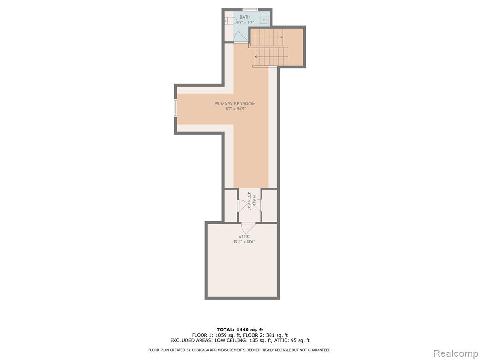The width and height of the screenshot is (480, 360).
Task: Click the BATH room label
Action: click(245, 17)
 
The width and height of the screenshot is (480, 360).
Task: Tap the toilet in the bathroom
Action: click(231, 21)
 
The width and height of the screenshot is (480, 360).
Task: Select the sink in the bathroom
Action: click(264, 20)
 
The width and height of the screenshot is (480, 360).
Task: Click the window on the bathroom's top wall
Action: click(250, 10)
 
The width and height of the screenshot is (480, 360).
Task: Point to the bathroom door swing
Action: click(240, 37)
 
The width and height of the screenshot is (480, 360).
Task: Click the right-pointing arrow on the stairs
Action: click(266, 37)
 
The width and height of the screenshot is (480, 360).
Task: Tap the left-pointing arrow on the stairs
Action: click(271, 57)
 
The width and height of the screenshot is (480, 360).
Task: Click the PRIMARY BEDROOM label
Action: click(235, 104)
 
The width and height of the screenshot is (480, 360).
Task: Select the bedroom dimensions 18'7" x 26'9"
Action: click(235, 109)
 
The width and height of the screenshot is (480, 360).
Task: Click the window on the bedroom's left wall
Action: click(176, 108)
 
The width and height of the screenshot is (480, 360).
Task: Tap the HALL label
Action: click(255, 201)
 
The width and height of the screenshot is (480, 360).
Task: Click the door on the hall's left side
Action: click(242, 205)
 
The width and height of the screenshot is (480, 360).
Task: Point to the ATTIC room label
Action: click(244, 237)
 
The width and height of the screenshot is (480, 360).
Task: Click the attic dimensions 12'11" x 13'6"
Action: click(244, 242)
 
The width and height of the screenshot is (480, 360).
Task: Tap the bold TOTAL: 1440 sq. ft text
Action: click(240, 330)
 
